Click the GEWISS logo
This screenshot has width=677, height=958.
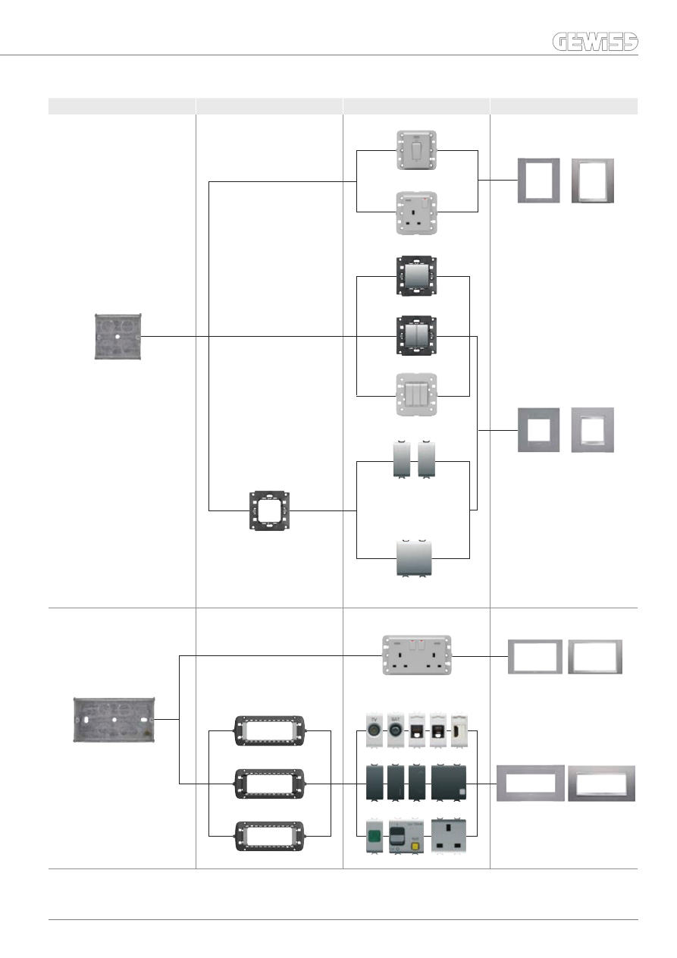[x=594, y=43]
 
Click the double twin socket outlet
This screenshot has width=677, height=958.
[x=415, y=655]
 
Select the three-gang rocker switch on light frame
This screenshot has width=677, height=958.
[x=415, y=394]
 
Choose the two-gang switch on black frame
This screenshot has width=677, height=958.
[x=415, y=336]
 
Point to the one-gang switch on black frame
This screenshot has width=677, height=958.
[x=415, y=276]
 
